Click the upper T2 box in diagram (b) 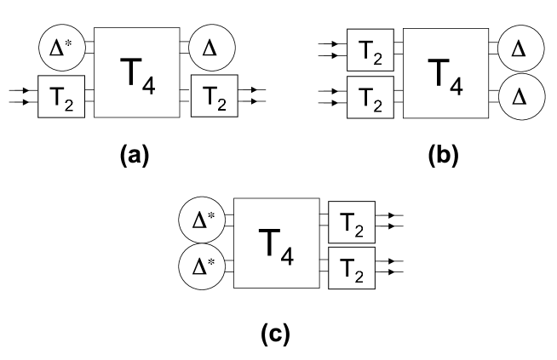pos(370,50)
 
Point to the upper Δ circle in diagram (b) pos(517,50)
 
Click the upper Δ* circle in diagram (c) pos(201,220)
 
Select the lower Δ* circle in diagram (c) pos(201,266)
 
